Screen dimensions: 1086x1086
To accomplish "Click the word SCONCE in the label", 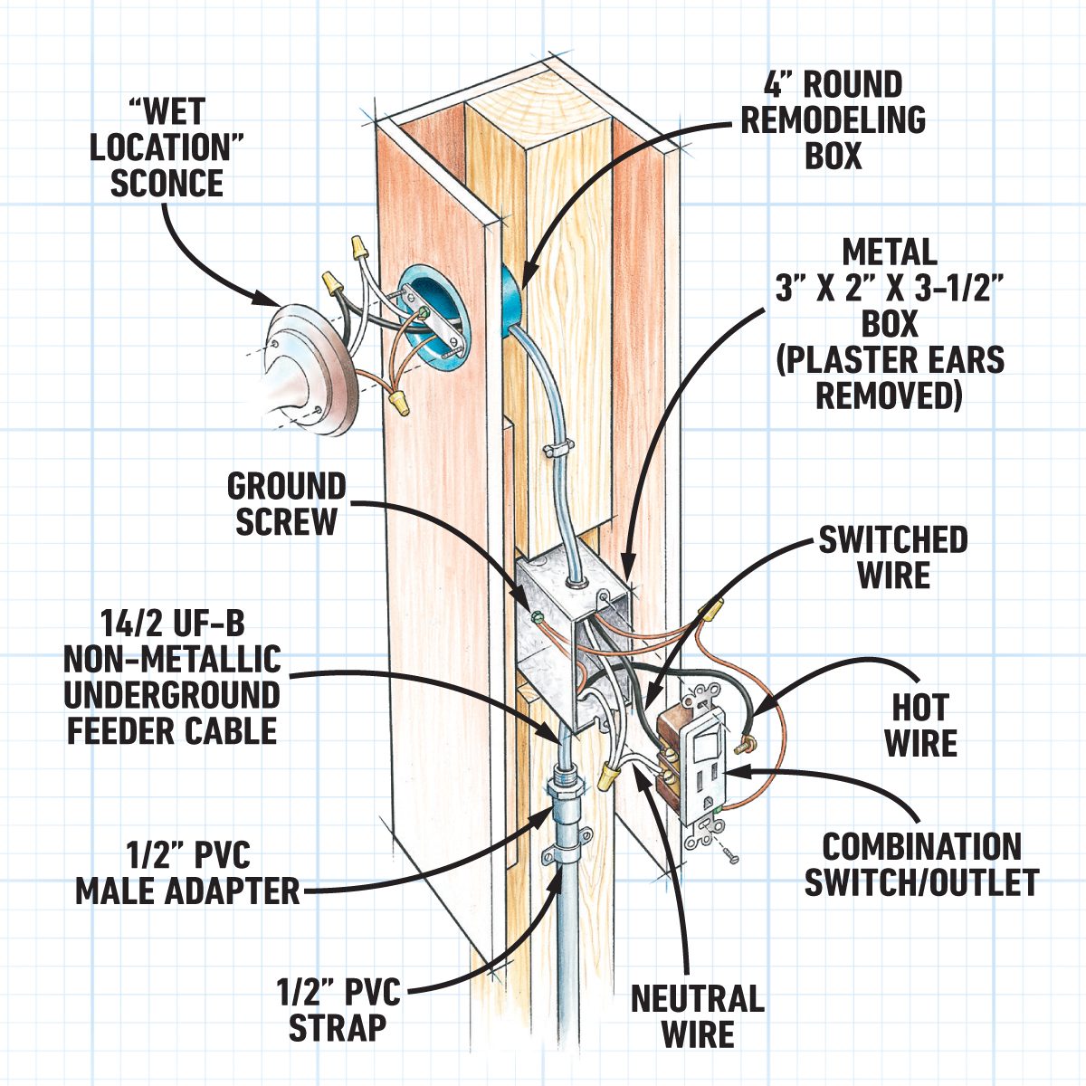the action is click(167, 184).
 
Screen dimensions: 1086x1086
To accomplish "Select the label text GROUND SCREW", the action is click(286, 504).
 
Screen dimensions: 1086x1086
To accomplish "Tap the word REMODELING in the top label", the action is click(834, 120).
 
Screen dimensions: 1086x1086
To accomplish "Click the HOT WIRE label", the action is click(920, 726).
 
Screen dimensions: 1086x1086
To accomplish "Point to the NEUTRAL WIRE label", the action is click(697, 1016).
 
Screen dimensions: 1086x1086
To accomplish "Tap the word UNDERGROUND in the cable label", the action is click(172, 695).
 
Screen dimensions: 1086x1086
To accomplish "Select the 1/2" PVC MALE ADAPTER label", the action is click(186, 872).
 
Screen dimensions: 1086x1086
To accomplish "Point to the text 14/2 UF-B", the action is click(172, 624).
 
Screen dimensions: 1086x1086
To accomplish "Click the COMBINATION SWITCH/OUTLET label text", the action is click(921, 864).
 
